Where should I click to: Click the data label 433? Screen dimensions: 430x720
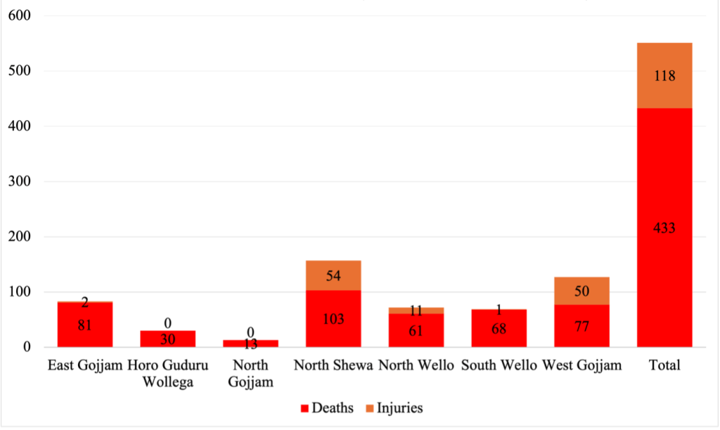[x=664, y=228]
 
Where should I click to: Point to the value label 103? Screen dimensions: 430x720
[x=333, y=319]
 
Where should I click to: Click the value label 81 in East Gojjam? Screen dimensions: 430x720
[x=85, y=325]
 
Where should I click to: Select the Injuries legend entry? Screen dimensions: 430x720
[x=393, y=408]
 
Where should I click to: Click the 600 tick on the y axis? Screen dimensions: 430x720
[x=20, y=15]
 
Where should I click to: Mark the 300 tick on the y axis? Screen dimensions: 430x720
[x=20, y=181]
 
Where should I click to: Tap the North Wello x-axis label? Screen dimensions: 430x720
[x=416, y=366]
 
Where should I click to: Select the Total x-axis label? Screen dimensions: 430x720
[x=664, y=366]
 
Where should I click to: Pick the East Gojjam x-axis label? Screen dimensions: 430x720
[x=85, y=366]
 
